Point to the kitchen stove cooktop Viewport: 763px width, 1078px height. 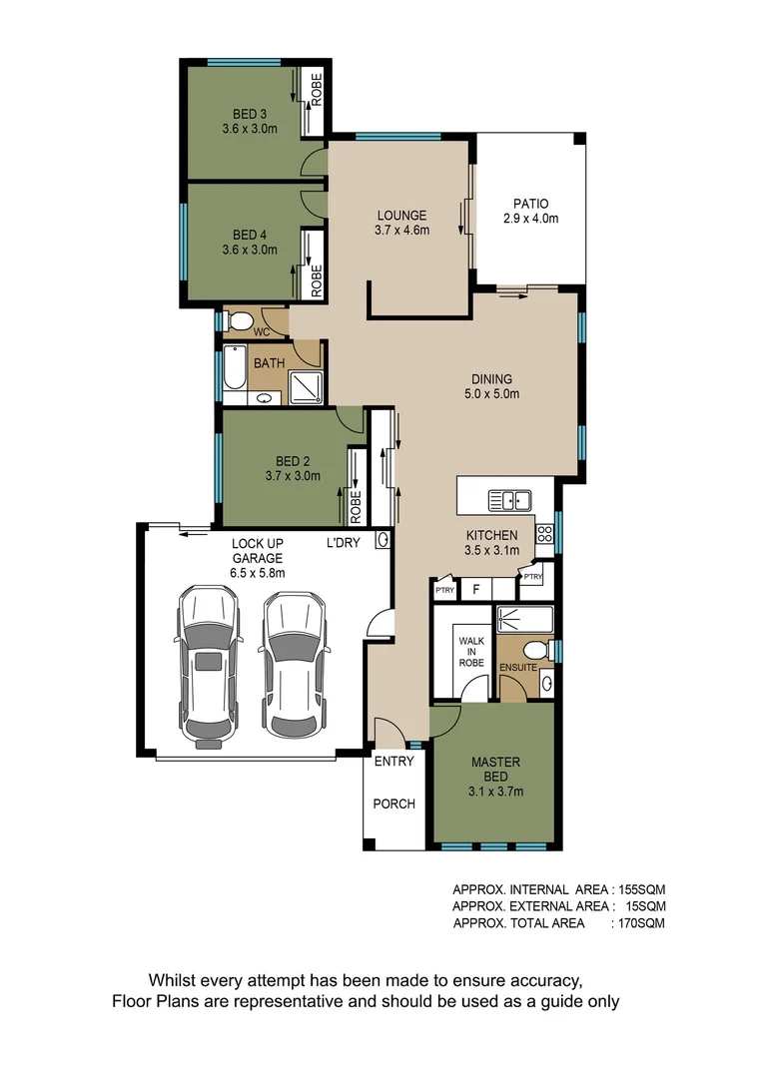pyautogui.click(x=544, y=533)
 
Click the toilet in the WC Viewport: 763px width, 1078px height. pyautogui.click(x=239, y=321)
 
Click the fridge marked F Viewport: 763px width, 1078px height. pyautogui.click(x=476, y=590)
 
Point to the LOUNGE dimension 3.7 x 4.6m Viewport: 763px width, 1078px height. pyautogui.click(x=401, y=231)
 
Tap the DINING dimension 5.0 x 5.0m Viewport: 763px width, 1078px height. pyautogui.click(x=492, y=394)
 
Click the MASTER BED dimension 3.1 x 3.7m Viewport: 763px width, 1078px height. pyautogui.click(x=496, y=793)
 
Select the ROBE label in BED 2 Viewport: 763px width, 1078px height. pyautogui.click(x=357, y=506)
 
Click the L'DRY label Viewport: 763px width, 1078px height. pyautogui.click(x=344, y=544)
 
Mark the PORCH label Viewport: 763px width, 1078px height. pyautogui.click(x=393, y=804)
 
